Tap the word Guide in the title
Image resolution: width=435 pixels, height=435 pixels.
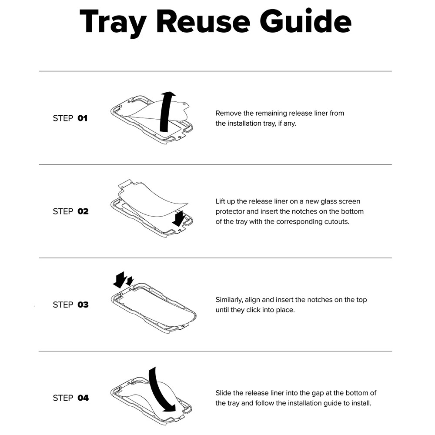306,21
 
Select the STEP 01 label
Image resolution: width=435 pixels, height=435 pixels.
70,118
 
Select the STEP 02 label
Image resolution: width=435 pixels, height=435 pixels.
70,211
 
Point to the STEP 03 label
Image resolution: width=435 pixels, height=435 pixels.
70,304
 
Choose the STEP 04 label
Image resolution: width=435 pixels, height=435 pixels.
70,398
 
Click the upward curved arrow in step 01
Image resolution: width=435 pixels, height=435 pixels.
165,111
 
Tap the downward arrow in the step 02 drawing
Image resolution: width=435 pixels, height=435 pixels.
179,218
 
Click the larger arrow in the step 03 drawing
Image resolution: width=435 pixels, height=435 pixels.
120,280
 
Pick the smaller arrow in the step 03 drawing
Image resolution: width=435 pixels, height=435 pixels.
130,281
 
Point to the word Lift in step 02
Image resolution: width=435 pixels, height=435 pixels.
221,201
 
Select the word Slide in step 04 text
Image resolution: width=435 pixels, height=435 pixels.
223,393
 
